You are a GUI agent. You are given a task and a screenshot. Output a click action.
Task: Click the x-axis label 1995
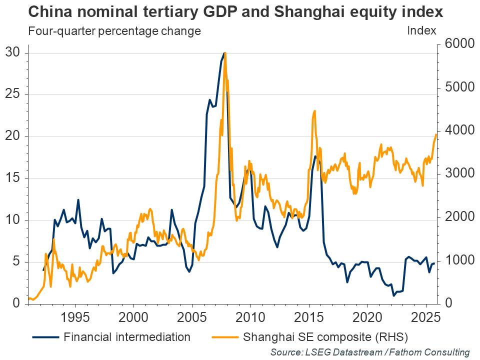coord(75,318)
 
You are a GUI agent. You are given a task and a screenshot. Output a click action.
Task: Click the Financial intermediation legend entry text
coord(127,336)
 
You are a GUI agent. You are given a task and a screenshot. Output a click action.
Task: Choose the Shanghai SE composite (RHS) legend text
coord(325,336)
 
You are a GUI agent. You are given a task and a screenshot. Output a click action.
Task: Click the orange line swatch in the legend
coord(224,336)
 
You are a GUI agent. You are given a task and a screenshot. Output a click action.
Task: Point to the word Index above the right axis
coord(421,30)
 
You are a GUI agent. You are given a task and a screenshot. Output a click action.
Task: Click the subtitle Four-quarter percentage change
coord(114,30)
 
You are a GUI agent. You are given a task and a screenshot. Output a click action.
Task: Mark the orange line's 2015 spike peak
coord(314,110)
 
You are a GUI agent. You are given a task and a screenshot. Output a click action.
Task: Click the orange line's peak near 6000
coord(225,52)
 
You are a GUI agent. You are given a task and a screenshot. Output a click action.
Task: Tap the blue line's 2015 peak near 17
coord(315,156)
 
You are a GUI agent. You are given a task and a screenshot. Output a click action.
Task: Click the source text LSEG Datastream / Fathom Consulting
coord(370,352)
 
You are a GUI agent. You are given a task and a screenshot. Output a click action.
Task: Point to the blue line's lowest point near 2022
coord(393,295)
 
